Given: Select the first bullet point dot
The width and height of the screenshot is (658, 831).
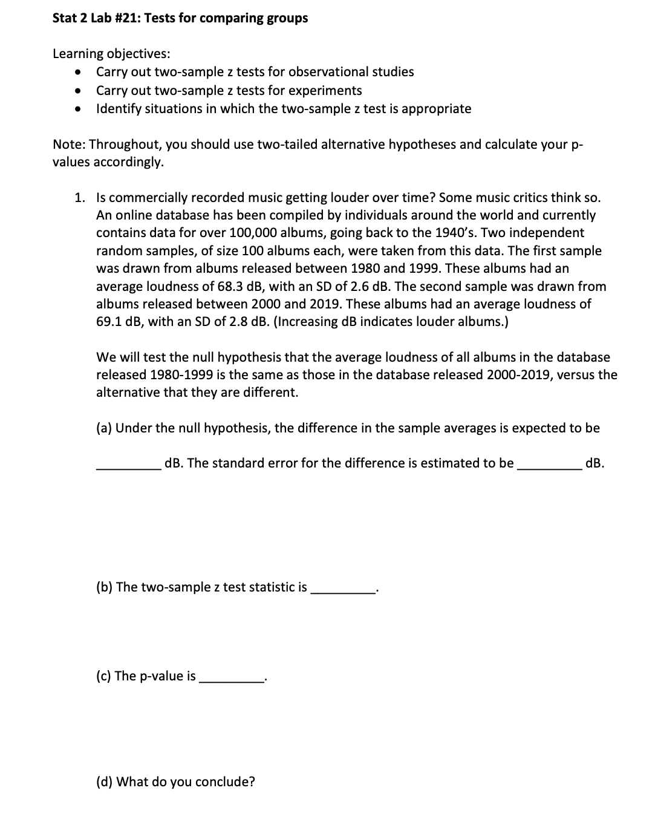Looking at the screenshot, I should point(77,72).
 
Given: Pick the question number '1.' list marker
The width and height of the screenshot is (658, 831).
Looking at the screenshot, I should point(79,198).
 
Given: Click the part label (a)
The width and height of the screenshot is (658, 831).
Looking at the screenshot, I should point(104,428).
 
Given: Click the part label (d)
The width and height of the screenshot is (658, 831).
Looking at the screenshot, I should point(104,782).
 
